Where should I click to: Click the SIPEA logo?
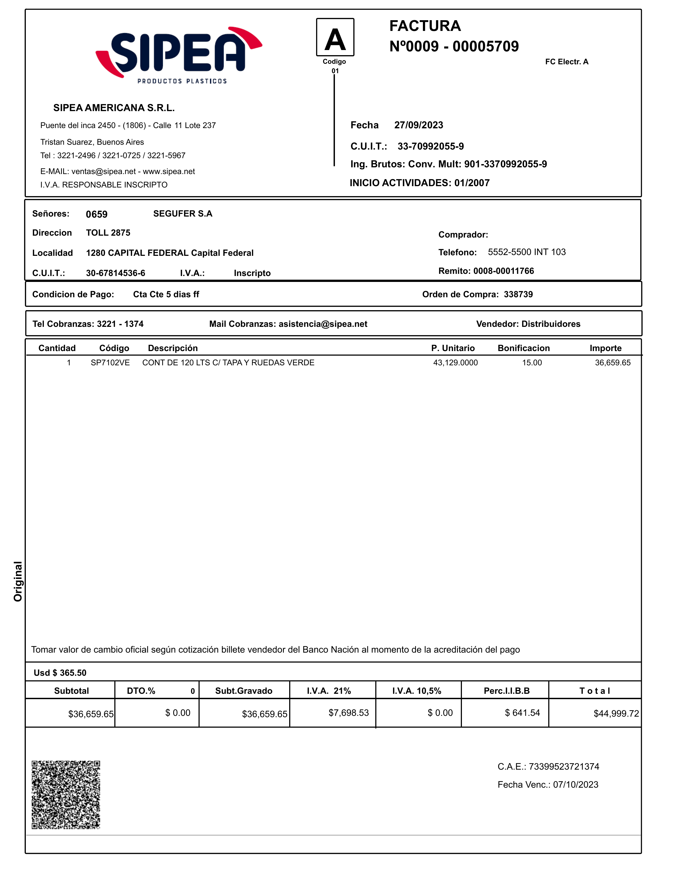[x=179, y=55]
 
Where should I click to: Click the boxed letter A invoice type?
[x=335, y=37]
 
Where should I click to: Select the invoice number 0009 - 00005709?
[x=462, y=46]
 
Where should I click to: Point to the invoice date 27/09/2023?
[x=418, y=125]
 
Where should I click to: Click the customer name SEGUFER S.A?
[x=183, y=214]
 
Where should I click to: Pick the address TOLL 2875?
[x=108, y=233]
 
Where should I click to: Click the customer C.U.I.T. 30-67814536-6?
[x=115, y=273]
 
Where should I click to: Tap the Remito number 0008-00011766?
[x=503, y=271]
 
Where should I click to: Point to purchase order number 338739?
[x=518, y=294]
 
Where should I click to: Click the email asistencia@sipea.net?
[x=323, y=324]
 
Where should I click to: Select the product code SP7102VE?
[x=110, y=363]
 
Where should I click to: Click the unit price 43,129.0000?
[x=455, y=363]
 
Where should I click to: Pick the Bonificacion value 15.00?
[x=532, y=363]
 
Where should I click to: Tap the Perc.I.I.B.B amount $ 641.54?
[x=522, y=713]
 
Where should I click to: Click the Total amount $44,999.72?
[x=616, y=714]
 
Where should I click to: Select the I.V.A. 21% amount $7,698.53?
[x=348, y=713]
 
